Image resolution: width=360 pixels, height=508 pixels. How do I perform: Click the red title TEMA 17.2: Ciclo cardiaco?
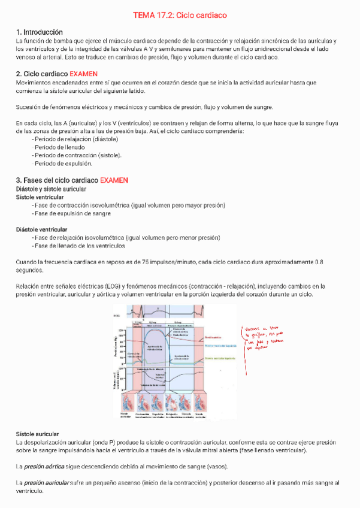pyautogui.click(x=180, y=14)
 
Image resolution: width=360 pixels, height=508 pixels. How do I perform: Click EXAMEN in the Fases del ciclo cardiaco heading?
pyautogui.click(x=114, y=180)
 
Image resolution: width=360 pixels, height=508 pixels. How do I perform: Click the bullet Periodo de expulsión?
pyautogui.click(x=62, y=163)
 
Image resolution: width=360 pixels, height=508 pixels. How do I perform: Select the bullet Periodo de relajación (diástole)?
pyautogui.click(x=75, y=139)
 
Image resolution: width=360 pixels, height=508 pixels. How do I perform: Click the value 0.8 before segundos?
pyautogui.click(x=319, y=262)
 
